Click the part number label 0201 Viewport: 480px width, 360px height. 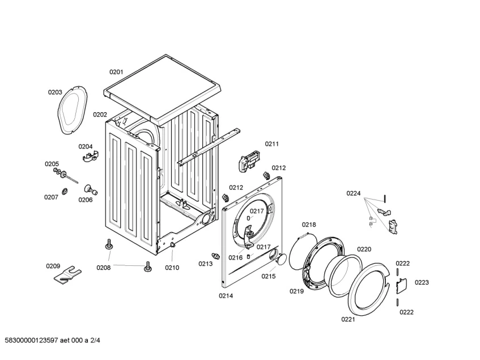point(116,72)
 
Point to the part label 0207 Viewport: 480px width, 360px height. point(52,197)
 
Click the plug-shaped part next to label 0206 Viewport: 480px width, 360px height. point(90,189)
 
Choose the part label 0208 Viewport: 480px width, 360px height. point(103,268)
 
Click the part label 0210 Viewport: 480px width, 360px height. point(172,268)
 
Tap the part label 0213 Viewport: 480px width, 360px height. point(205,264)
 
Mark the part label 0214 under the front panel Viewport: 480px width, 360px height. point(226,295)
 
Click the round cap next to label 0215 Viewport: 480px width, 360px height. point(279,260)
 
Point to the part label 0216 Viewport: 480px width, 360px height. point(236,257)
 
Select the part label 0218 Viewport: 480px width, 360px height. point(309,225)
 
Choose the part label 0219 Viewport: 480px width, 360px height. point(297,291)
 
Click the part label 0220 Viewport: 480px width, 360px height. point(364,249)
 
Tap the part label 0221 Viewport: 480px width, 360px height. point(348,320)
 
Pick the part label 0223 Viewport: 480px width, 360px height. point(422,282)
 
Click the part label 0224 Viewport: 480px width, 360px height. point(354,193)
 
